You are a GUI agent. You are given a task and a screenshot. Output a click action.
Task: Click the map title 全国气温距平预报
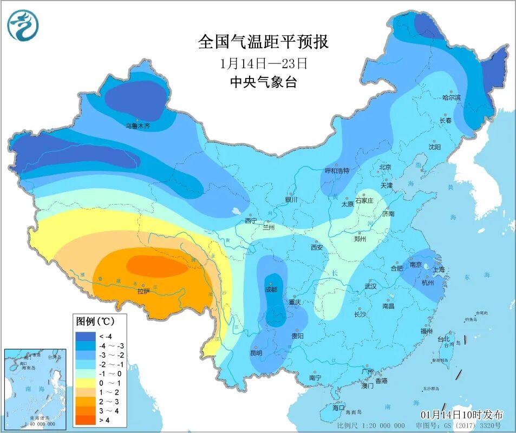click(x=263, y=42)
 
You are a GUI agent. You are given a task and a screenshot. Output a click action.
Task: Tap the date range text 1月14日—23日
click(x=264, y=63)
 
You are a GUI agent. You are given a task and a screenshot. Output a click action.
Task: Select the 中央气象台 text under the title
click(x=264, y=82)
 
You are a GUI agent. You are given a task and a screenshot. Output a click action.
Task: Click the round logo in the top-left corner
click(x=23, y=25)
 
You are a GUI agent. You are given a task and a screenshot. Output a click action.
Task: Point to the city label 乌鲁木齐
click(x=138, y=126)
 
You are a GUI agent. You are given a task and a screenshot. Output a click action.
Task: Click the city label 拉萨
click(x=143, y=291)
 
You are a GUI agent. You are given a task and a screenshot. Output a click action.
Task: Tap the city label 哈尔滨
click(x=451, y=98)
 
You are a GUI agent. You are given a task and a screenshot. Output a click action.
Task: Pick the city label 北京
click(x=385, y=167)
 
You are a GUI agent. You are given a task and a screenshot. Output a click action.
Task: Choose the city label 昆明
click(x=256, y=353)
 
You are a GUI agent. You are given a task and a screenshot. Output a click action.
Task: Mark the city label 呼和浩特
click(x=337, y=170)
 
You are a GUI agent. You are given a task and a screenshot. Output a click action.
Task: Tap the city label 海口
click(x=338, y=408)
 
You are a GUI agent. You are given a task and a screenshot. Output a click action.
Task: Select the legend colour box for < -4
click(x=85, y=337)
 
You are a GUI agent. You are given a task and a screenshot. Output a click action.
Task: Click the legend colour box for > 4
click(x=85, y=419)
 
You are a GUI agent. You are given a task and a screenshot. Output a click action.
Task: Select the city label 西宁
click(x=250, y=221)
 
